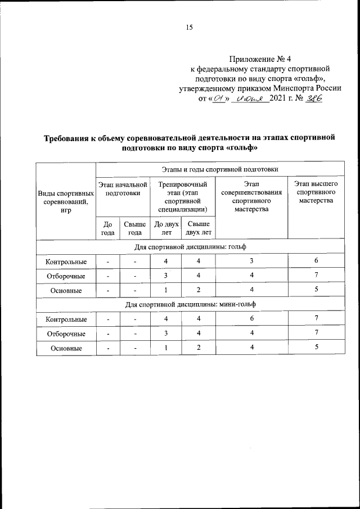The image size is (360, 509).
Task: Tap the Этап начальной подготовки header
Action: pyautogui.click(x=123, y=188)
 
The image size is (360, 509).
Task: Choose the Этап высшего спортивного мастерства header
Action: pyautogui.click(x=316, y=192)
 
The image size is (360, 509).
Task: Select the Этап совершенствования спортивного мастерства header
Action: pyautogui.click(x=252, y=196)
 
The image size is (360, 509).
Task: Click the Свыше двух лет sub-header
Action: pyautogui.click(x=198, y=228)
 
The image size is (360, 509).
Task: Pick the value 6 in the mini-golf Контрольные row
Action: pyautogui.click(x=252, y=319)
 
